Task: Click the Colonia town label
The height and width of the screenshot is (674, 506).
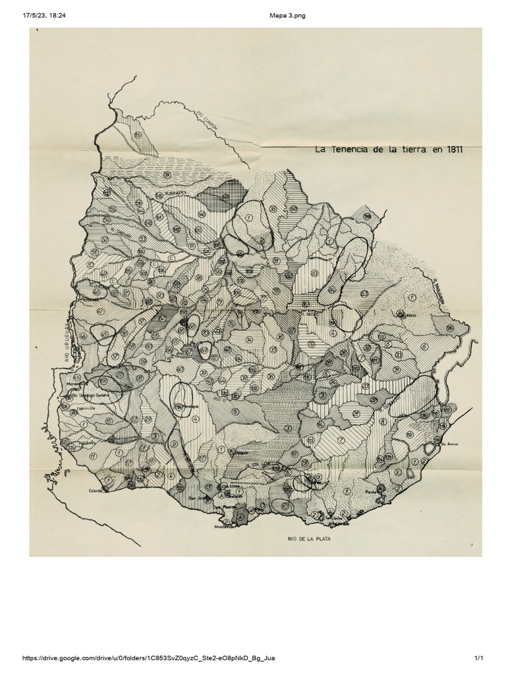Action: (x=96, y=491)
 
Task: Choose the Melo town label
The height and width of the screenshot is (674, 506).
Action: (x=412, y=316)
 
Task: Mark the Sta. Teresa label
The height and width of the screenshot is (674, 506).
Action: (x=449, y=444)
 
